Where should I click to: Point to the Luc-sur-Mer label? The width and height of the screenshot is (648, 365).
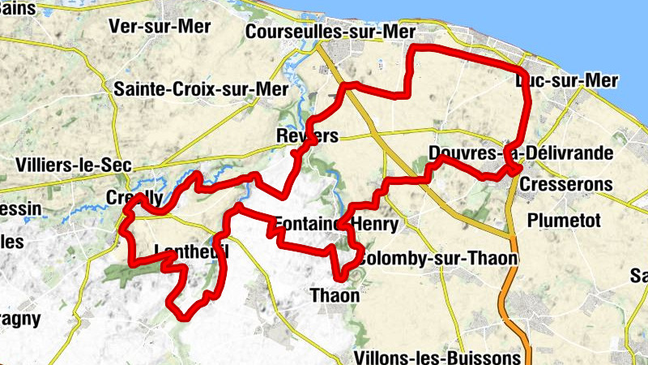coord(567,80)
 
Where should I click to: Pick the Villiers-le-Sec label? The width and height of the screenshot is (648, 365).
coord(74,164)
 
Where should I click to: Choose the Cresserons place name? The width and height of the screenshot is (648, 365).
coord(566,184)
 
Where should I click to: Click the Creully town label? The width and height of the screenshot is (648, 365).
coord(134,198)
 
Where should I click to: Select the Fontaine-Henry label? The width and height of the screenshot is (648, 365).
coord(336,223)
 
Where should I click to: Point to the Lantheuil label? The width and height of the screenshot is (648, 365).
coord(191,251)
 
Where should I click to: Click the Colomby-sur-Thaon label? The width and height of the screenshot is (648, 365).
coord(437,258)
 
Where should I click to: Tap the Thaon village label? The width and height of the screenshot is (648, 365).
coord(335,296)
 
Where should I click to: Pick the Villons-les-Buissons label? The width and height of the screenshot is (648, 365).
coord(438,357)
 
